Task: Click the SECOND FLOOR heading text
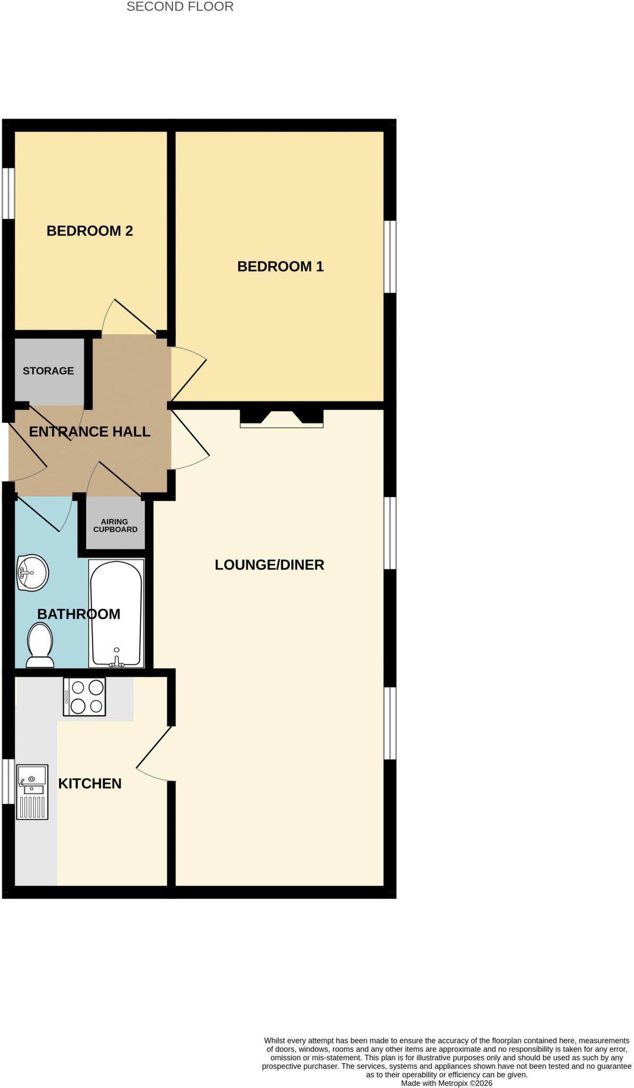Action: click(180, 7)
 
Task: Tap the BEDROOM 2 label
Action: click(90, 231)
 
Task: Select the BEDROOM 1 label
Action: click(281, 267)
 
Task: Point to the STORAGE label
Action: click(48, 371)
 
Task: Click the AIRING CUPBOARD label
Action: click(115, 525)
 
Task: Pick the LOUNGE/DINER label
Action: click(269, 565)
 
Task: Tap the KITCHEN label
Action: click(90, 784)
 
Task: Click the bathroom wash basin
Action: click(32, 573)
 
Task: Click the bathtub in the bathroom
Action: click(116, 613)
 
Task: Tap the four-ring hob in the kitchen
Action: click(84, 696)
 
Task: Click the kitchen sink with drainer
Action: click(32, 792)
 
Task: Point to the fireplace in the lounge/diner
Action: click(282, 418)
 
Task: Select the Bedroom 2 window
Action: click(8, 193)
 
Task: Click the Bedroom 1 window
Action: click(390, 257)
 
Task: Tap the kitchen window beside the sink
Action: click(8, 781)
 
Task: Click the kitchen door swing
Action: click(154, 753)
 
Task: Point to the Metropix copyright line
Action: click(447, 1083)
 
